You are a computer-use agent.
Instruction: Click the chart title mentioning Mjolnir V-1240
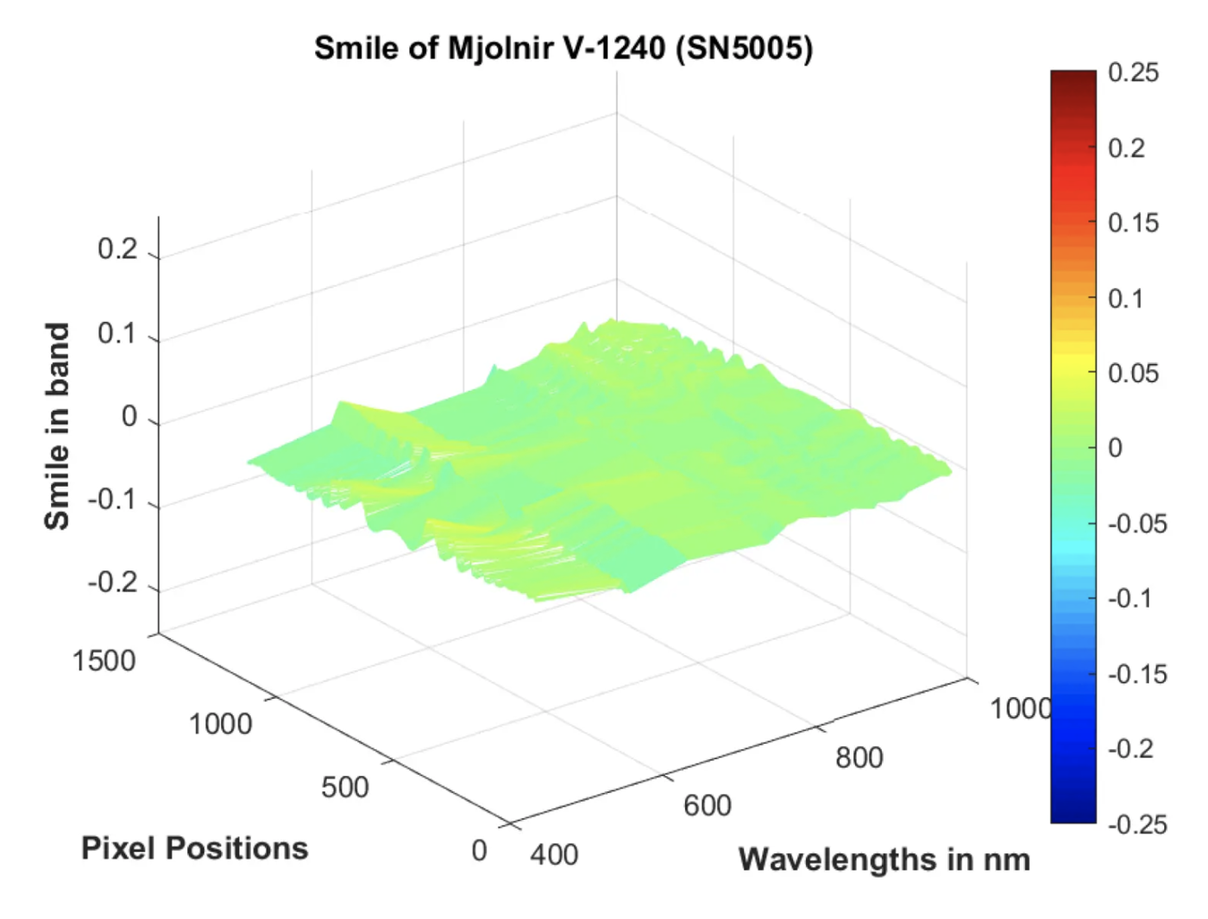click(x=563, y=48)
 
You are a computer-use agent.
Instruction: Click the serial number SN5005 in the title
click(x=744, y=48)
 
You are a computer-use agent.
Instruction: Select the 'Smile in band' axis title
click(x=57, y=426)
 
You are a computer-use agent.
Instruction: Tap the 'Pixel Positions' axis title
click(x=194, y=848)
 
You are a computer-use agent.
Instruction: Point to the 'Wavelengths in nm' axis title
click(x=884, y=859)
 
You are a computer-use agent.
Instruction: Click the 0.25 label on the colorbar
click(x=1133, y=72)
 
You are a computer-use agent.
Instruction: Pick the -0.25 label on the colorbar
click(x=1137, y=824)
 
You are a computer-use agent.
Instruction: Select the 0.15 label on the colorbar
click(x=1133, y=223)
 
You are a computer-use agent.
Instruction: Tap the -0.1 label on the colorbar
click(x=1129, y=598)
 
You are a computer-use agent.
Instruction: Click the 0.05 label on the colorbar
click(x=1133, y=373)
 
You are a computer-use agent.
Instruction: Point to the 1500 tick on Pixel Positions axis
click(x=104, y=661)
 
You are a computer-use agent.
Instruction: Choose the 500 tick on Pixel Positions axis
click(x=344, y=787)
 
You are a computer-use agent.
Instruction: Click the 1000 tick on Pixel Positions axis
click(x=220, y=724)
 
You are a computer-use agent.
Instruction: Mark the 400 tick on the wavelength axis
click(x=554, y=854)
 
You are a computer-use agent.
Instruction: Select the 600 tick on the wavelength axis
click(x=708, y=805)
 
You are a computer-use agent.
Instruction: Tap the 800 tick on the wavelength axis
click(x=859, y=758)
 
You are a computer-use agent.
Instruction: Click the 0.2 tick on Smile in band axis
click(x=117, y=249)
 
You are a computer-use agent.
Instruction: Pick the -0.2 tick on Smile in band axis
click(x=112, y=582)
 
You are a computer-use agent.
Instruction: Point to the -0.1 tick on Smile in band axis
click(x=112, y=500)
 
